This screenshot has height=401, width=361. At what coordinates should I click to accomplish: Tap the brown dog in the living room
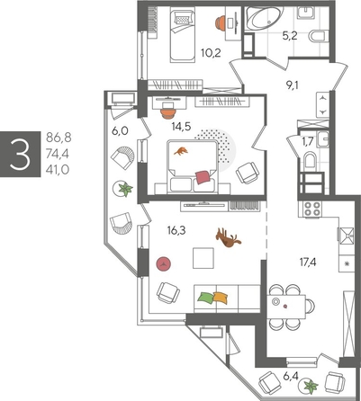[x=227, y=238]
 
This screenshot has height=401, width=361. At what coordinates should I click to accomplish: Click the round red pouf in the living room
[x=164, y=263]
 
